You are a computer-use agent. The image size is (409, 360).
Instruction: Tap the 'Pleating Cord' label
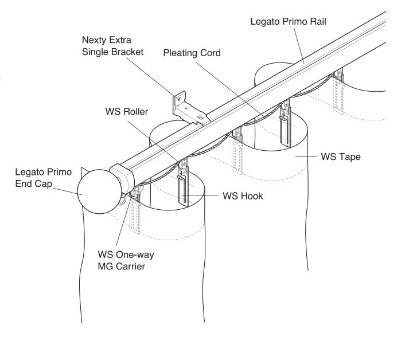point(192,53)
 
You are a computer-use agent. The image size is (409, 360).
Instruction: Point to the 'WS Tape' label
point(341,156)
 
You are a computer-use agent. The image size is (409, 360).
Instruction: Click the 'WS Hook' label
point(243,196)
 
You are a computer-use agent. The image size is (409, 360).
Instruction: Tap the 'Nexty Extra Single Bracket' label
point(112,46)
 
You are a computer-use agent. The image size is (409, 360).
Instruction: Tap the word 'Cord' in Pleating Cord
point(210,53)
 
